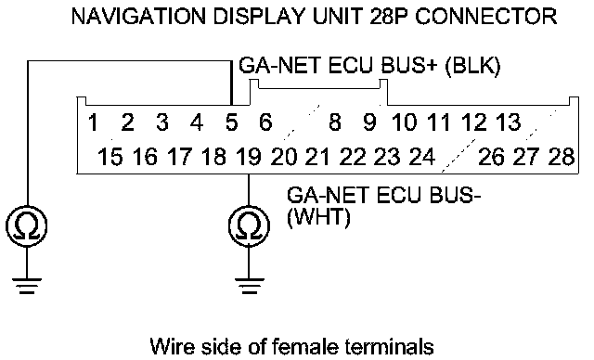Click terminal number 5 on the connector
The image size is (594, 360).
click(231, 122)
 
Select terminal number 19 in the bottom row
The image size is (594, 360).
click(249, 157)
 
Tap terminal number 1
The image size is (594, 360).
click(93, 122)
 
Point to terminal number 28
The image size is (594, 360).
click(562, 157)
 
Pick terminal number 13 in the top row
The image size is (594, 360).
click(509, 122)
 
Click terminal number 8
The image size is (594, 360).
click(335, 122)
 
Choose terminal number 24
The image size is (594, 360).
click(422, 157)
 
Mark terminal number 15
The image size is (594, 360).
click(110, 157)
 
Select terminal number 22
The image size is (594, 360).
click(353, 157)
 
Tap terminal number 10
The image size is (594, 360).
click(405, 122)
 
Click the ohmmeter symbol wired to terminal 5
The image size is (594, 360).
click(27, 226)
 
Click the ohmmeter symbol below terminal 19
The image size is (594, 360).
click(249, 226)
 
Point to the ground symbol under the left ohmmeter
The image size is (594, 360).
click(27, 286)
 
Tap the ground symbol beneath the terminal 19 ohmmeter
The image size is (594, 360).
click(249, 286)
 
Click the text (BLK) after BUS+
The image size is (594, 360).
click(472, 66)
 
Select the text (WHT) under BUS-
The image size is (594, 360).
click(318, 218)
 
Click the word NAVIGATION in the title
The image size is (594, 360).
click(139, 17)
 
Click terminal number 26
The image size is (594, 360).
click(491, 157)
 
